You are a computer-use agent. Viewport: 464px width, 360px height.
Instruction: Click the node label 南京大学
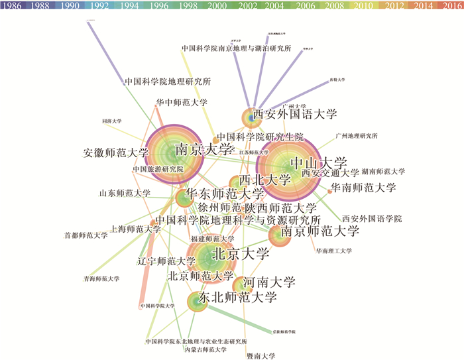click(x=204, y=149)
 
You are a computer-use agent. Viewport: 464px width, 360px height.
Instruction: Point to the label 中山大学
click(x=319, y=163)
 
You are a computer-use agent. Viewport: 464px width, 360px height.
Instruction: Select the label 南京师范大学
click(x=319, y=231)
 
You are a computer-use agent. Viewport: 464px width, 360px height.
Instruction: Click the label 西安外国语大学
click(x=294, y=113)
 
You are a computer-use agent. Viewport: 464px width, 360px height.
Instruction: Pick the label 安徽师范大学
click(x=116, y=152)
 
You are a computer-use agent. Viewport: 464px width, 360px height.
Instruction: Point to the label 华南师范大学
click(x=363, y=187)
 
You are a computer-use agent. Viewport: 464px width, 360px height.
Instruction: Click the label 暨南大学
click(x=260, y=355)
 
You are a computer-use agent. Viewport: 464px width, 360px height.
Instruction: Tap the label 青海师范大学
click(x=101, y=279)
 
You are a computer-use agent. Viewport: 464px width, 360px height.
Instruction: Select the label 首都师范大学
click(x=86, y=235)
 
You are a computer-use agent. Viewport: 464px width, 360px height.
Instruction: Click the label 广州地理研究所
click(x=357, y=136)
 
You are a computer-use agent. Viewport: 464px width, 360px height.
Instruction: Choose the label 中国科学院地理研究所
click(x=167, y=82)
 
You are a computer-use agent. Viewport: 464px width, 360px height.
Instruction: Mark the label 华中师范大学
click(x=182, y=103)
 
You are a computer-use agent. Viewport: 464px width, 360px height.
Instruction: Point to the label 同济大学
click(x=112, y=121)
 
